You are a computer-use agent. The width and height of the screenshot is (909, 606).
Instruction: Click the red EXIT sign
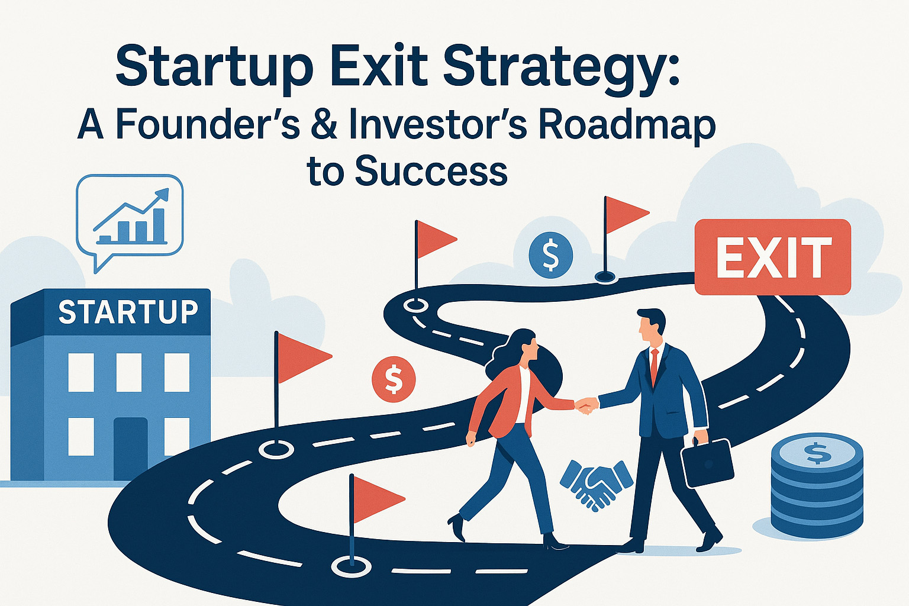pos(773,257)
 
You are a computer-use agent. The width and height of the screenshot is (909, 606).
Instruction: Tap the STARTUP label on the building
pos(128,312)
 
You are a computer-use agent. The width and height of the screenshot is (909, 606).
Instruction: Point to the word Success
pos(431,171)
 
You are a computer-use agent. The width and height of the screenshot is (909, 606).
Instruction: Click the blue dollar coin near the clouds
pos(551,255)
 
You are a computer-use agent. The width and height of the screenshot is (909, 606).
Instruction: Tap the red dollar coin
pos(394,379)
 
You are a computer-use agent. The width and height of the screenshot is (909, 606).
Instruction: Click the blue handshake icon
pos(596,484)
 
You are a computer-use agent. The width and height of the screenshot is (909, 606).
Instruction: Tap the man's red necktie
pos(654,366)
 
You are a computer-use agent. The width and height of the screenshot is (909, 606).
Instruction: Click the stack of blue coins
pos(817,485)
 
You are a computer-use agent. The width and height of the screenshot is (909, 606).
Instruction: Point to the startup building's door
pos(130,448)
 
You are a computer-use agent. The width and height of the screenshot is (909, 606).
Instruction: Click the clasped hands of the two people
pos(587,405)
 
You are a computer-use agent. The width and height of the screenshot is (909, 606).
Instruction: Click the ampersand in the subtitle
pos(324,124)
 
